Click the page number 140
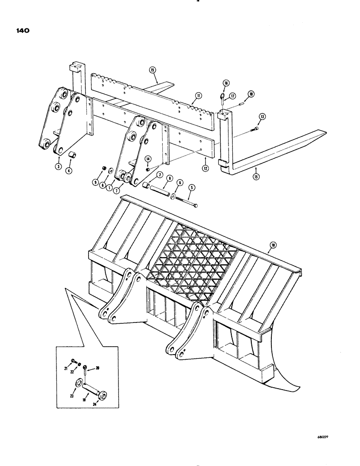(22, 31)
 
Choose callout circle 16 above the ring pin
(225, 83)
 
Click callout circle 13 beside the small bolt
(263, 116)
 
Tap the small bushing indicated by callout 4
(72, 155)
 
